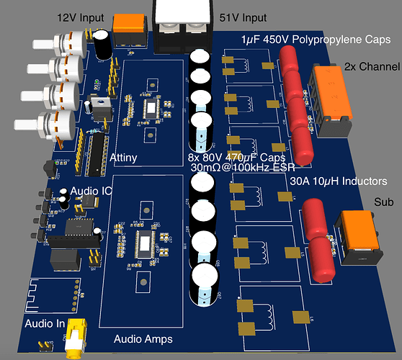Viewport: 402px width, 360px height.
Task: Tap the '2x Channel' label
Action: pyautogui.click(x=373, y=66)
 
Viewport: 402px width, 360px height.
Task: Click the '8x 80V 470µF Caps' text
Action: pyautogui.click(x=236, y=157)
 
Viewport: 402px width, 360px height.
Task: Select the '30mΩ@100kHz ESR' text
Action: pyautogui.click(x=235, y=168)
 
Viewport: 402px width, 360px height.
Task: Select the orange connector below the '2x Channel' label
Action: pyautogui.click(x=333, y=102)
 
